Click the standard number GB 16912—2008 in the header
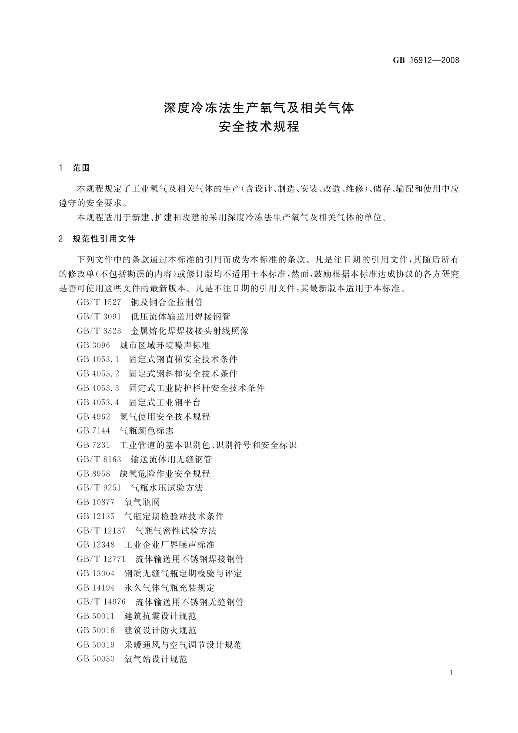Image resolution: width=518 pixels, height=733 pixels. (426, 61)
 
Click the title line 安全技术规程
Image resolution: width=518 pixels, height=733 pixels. (259, 127)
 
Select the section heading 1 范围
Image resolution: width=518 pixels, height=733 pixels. (74, 168)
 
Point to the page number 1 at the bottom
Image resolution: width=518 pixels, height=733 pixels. (451, 673)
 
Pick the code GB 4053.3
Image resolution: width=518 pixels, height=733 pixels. (98, 388)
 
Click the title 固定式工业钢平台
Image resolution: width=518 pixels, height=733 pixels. (165, 402)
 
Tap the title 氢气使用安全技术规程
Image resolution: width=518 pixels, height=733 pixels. (165, 417)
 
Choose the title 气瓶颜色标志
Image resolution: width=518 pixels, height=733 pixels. (147, 431)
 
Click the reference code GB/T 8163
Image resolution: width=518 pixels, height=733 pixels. (99, 459)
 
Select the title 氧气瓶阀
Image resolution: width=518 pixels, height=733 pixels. (142, 502)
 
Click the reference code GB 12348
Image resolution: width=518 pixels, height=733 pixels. (96, 545)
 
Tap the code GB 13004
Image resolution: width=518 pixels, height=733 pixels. (96, 573)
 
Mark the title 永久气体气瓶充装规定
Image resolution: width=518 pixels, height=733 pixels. (170, 588)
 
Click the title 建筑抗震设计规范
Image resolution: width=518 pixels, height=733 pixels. (160, 616)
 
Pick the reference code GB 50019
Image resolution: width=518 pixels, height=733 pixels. (96, 645)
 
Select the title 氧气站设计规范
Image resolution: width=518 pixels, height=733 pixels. (156, 659)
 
